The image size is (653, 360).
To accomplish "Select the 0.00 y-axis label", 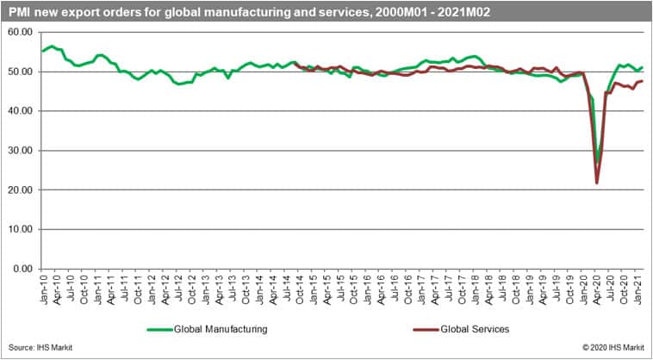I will tap(22, 269).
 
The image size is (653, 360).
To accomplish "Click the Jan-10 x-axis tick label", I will tap(42, 287).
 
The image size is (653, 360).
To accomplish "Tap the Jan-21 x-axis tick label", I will tap(637, 287).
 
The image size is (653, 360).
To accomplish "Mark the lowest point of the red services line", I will tap(596, 183).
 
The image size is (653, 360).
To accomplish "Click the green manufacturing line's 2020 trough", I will tap(597, 161).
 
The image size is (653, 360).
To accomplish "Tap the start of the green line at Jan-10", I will tap(42, 51).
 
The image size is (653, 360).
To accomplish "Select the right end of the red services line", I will tap(642, 81).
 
